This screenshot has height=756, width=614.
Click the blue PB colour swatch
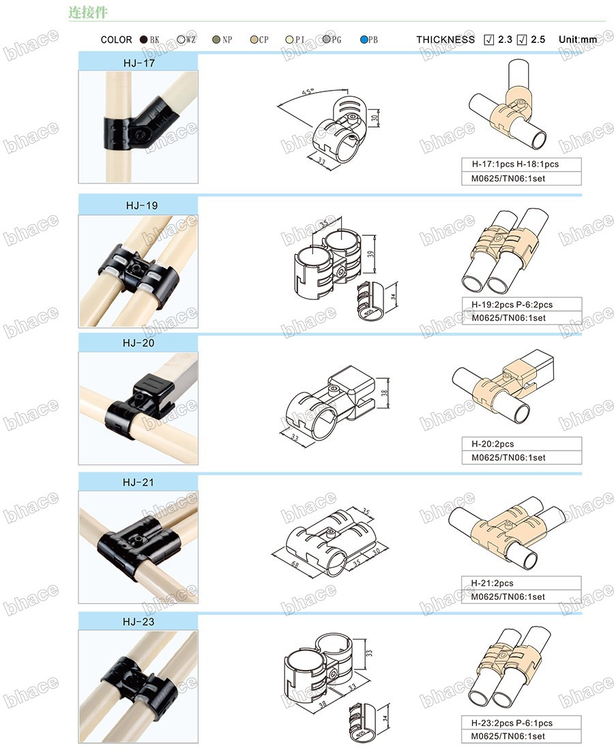click(364, 40)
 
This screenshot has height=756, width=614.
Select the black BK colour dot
click(143, 40)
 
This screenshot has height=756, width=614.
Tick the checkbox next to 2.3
click(488, 40)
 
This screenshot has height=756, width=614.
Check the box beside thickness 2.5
click(521, 40)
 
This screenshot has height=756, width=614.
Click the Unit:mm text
click(578, 40)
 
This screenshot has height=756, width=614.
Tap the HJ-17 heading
click(139, 63)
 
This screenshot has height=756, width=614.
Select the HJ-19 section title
click(142, 206)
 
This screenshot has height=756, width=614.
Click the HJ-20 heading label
click(138, 344)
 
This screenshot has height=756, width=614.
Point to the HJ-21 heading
click(138, 483)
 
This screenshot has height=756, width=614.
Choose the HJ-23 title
click(138, 622)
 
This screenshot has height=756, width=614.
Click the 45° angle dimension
click(308, 92)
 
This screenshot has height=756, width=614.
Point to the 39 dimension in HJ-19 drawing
click(370, 254)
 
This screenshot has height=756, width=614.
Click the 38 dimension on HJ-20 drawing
click(385, 393)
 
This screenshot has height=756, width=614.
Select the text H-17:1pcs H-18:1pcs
click(515, 164)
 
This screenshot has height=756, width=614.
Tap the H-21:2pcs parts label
click(493, 584)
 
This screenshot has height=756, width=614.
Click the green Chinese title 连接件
click(88, 12)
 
